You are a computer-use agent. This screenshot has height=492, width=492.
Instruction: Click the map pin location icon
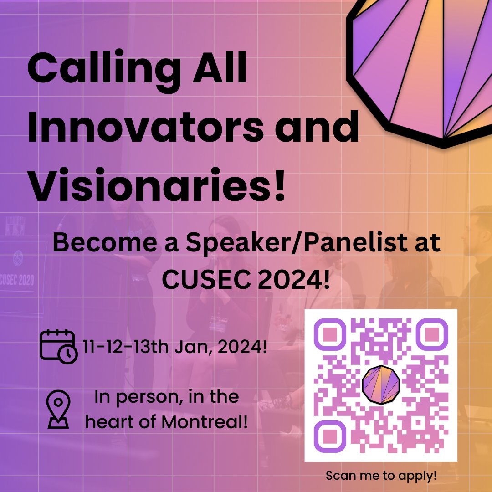[58, 409]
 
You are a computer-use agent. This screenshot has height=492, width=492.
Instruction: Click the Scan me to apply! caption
[381, 476]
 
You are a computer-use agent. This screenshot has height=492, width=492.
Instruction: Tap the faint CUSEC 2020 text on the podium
[17, 279]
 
